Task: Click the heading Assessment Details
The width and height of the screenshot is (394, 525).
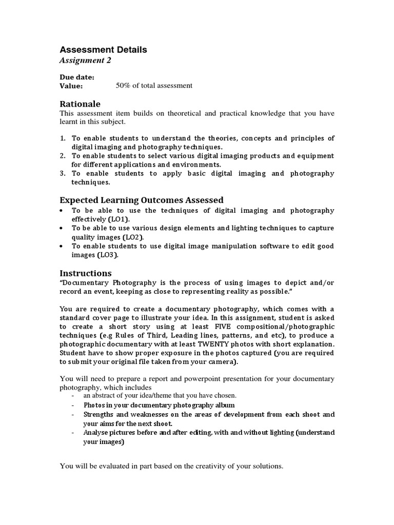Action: click(103, 50)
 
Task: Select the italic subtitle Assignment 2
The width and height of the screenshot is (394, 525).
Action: click(85, 60)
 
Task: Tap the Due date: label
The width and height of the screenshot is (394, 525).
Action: click(77, 77)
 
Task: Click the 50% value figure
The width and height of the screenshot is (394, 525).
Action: click(124, 86)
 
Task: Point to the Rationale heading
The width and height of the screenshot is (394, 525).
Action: click(80, 104)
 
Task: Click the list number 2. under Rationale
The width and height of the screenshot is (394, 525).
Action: click(63, 156)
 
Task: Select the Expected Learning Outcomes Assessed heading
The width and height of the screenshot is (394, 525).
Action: click(142, 200)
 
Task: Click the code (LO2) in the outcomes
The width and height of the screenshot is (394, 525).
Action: click(133, 237)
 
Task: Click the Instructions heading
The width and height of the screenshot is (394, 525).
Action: click(85, 273)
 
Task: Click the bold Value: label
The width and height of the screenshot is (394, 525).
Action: click(71, 86)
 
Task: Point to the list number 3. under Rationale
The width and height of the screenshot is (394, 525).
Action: click(63, 174)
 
